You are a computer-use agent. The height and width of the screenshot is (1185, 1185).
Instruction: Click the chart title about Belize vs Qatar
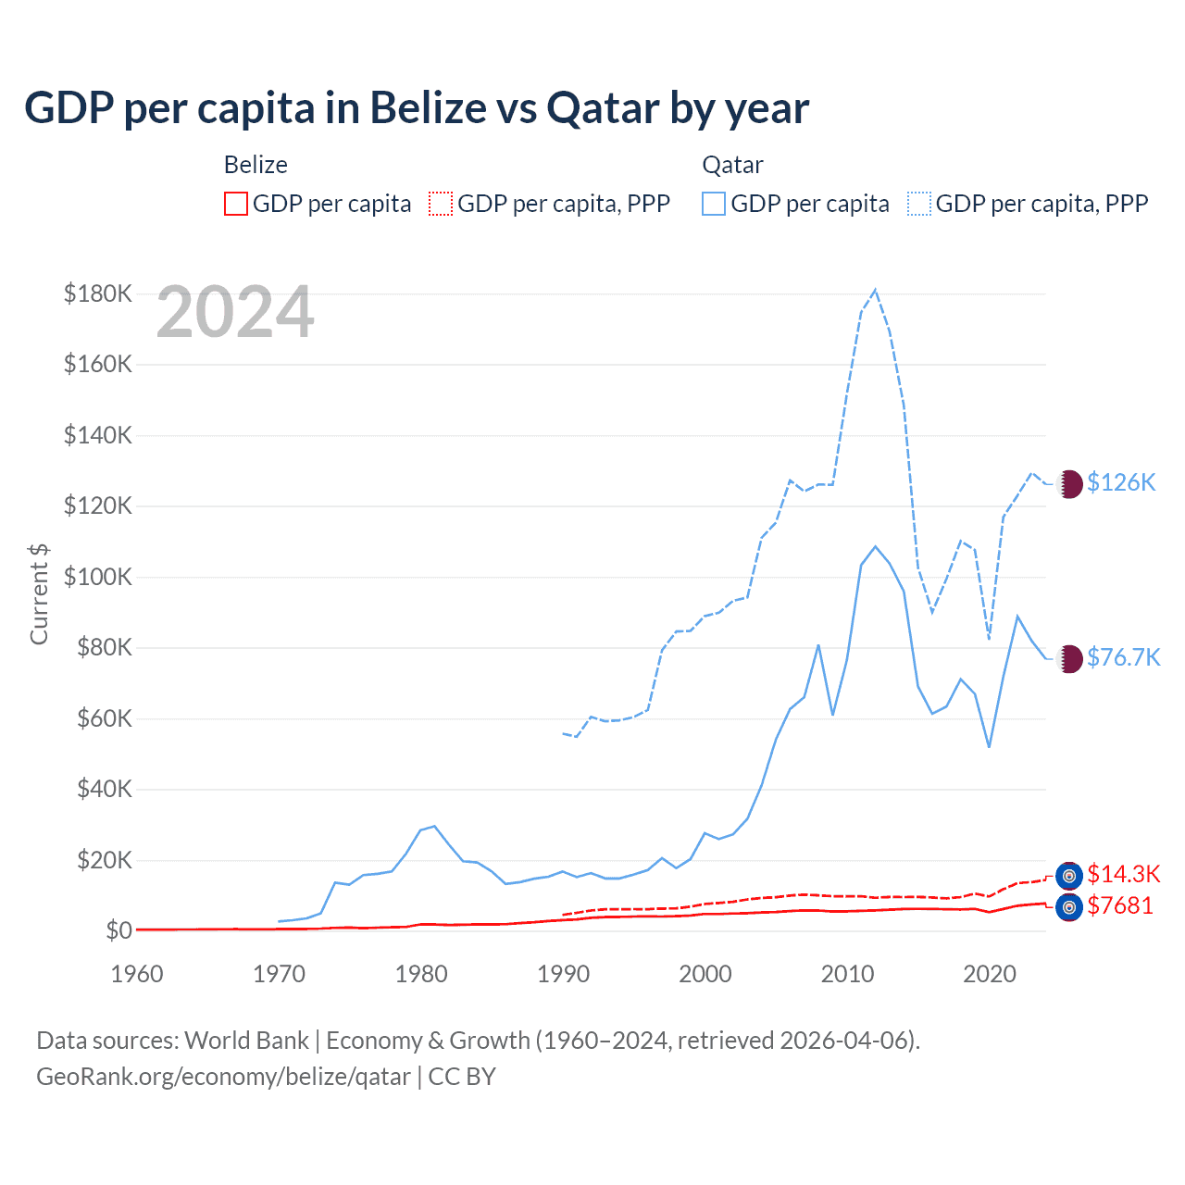pos(417,108)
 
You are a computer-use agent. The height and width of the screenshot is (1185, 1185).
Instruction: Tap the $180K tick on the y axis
pos(98,293)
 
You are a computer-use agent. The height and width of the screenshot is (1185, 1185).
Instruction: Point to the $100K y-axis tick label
pos(98,577)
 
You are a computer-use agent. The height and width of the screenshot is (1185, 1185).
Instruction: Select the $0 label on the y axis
pos(118,930)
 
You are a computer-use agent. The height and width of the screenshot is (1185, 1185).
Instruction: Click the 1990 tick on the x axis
pos(563,974)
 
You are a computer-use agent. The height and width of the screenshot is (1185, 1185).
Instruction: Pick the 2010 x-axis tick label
pos(847,974)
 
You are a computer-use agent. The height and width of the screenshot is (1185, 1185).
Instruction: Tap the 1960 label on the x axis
pos(137,974)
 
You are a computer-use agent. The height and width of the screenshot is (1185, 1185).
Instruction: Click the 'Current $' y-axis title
pos(39,593)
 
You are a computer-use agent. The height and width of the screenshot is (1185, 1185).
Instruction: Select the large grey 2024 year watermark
pos(235,313)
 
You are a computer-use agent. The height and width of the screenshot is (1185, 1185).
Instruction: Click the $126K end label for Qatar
pos(1121,482)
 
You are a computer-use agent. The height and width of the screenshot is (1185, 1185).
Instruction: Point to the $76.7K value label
pos(1123,657)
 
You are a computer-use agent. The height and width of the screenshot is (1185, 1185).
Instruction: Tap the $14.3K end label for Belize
pos(1123,874)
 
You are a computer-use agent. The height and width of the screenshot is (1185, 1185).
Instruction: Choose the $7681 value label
pos(1120,905)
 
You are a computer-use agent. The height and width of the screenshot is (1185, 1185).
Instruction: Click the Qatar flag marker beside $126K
pos(1069,483)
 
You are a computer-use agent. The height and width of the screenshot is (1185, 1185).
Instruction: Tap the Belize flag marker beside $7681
pos(1069,907)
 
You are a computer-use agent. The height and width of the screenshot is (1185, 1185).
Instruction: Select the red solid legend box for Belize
pos(236,204)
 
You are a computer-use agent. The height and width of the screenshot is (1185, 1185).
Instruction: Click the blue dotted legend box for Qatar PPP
pos(919,204)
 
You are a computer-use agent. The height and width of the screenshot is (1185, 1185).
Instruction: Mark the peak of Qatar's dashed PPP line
pos(875,290)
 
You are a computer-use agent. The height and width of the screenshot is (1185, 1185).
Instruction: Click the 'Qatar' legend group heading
pos(732,165)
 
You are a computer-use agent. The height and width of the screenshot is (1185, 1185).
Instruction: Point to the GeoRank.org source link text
pos(223,1077)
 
